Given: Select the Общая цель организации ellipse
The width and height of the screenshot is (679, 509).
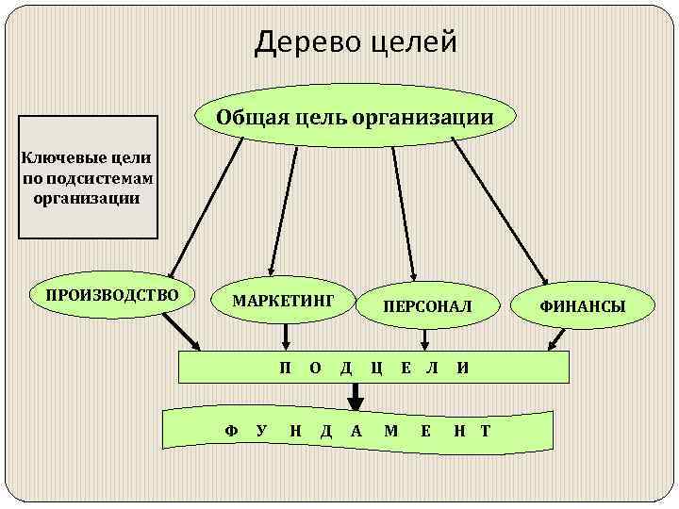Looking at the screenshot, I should [x=355, y=117].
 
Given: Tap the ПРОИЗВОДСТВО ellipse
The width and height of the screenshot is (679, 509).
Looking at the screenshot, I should [x=106, y=295].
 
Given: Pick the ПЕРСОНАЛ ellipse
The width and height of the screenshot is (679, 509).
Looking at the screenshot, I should [x=426, y=305].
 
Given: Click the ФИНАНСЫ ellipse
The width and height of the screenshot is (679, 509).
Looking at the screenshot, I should [x=582, y=305].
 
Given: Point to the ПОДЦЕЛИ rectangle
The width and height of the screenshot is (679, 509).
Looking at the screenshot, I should [x=375, y=367].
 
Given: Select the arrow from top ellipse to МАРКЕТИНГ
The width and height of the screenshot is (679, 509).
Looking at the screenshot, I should [x=283, y=207].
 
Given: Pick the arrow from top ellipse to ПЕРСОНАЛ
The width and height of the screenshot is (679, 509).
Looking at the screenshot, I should [x=403, y=207].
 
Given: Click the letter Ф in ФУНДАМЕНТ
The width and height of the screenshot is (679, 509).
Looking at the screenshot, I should [x=231, y=431].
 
